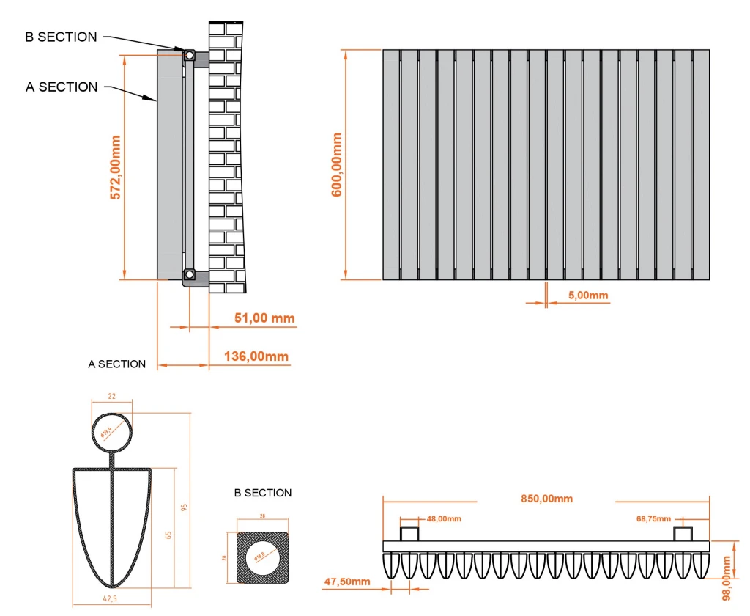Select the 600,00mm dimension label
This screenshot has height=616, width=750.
tap(338, 164)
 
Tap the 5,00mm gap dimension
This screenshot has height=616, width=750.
tap(588, 296)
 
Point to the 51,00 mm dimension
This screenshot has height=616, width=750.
tap(264, 318)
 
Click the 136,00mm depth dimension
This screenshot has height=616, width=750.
tap(257, 356)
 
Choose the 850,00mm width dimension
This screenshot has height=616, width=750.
tap(546, 499)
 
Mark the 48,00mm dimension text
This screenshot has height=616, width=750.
tap(444, 519)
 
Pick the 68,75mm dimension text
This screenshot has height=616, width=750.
tap(651, 519)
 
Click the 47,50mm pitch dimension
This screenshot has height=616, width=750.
tap(346, 582)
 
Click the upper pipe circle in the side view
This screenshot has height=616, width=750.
tap(189, 55)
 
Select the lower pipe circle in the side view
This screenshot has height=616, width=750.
tap(189, 276)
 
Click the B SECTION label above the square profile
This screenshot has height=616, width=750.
tap(262, 493)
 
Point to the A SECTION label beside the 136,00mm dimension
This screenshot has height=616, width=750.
tap(117, 364)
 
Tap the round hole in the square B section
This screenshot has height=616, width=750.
tap(264, 558)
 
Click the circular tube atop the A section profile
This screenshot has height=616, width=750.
tap(111, 433)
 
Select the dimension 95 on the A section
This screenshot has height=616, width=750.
tap(185, 507)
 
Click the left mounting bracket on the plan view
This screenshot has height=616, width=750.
tap(409, 533)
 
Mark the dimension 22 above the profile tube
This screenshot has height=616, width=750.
tap(111, 396)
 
